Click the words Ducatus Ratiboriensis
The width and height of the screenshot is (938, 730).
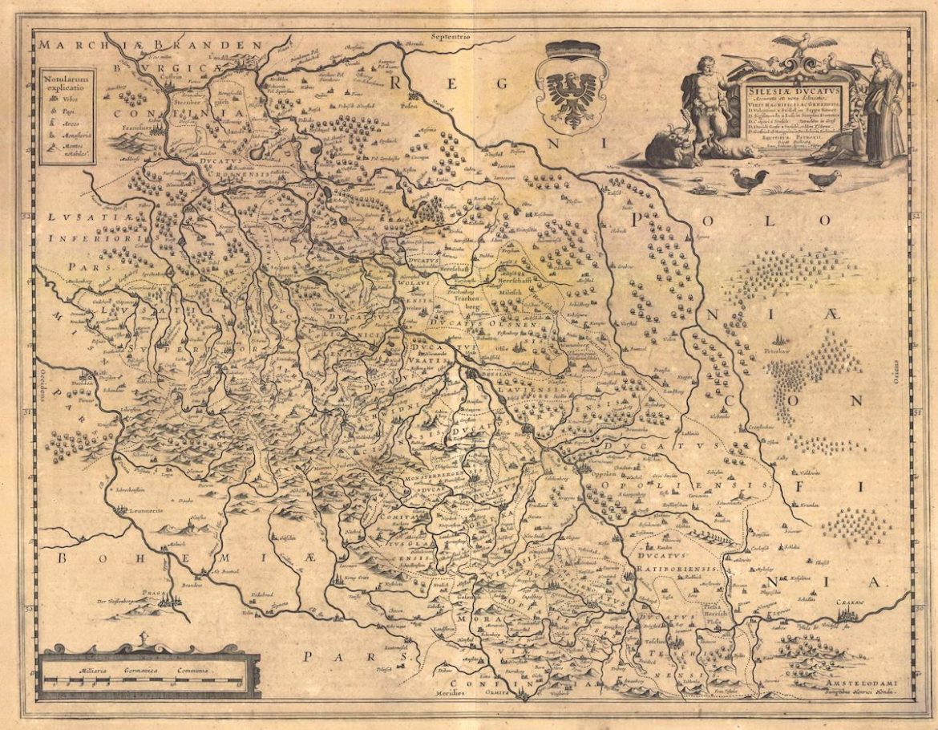coord(677,561)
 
